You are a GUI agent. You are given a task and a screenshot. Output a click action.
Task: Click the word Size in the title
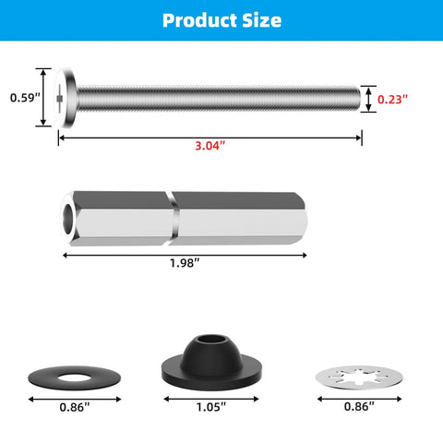(260, 19)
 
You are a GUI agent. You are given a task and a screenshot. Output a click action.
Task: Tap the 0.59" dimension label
(24, 97)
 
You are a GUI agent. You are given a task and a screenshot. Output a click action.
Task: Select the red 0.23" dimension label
(395, 98)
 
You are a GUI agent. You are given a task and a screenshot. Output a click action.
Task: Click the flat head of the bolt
(64, 97)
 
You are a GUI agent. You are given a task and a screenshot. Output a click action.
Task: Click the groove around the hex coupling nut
(173, 218)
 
